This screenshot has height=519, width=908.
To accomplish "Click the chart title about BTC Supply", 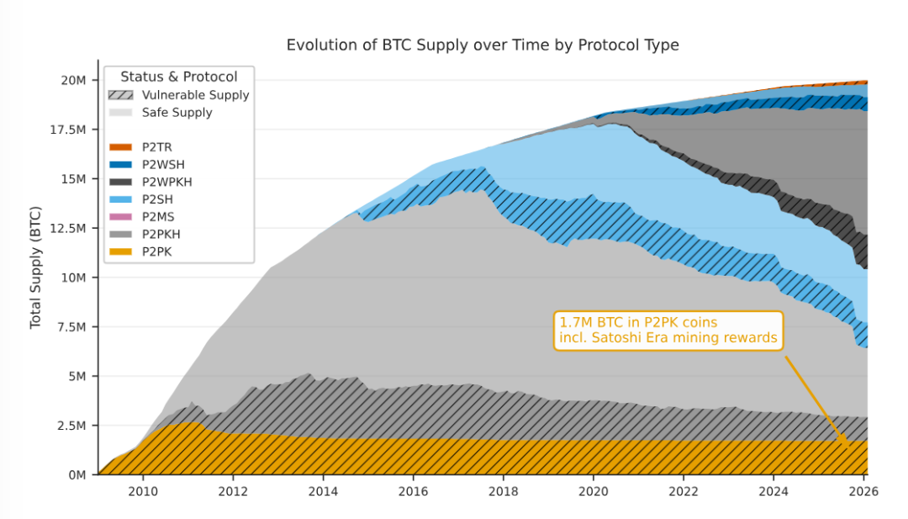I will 482,45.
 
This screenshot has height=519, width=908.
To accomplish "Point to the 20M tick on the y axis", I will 74,81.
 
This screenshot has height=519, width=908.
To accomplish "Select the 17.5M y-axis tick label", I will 68,130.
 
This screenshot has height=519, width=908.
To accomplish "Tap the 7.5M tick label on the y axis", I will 71,326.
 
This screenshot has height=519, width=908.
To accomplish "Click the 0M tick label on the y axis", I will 77,475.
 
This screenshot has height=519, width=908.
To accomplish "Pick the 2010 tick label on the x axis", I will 142,491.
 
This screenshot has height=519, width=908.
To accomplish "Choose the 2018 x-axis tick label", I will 503,491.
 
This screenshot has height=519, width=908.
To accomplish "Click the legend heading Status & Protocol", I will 179,77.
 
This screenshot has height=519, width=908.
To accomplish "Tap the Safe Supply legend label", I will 177,113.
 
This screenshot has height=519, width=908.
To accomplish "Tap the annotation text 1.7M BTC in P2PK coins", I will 638,323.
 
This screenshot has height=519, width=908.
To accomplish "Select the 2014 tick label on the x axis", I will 323,491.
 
